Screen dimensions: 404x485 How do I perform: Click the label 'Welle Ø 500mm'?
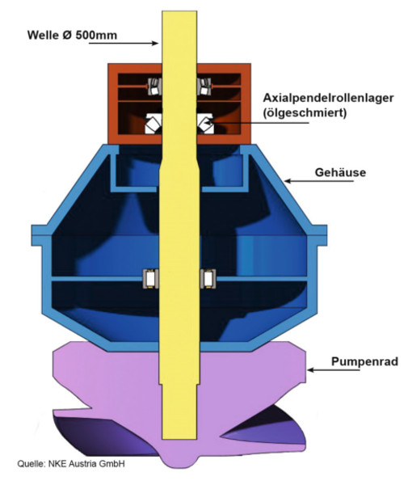72,35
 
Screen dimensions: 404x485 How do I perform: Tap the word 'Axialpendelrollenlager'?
328,98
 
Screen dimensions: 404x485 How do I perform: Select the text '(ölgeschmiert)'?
305,112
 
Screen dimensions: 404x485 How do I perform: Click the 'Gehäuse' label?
340,172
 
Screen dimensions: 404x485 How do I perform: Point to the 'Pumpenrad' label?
364,361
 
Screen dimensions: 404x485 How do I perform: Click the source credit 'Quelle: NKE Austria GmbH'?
71,464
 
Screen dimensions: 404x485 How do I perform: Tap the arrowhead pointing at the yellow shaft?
156,43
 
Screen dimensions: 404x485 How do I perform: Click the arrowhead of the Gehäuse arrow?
288,180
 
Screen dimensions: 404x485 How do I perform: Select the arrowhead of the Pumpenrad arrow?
311,370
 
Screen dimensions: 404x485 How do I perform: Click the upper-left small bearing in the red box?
154,86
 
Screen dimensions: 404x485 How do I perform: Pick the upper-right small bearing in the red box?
204,86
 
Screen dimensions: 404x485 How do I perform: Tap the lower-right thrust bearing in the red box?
204,124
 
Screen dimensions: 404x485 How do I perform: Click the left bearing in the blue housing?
150,279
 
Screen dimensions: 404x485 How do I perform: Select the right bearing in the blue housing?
208,279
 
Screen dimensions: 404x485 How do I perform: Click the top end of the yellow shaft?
179,12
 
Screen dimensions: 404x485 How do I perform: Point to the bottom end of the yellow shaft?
179,437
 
